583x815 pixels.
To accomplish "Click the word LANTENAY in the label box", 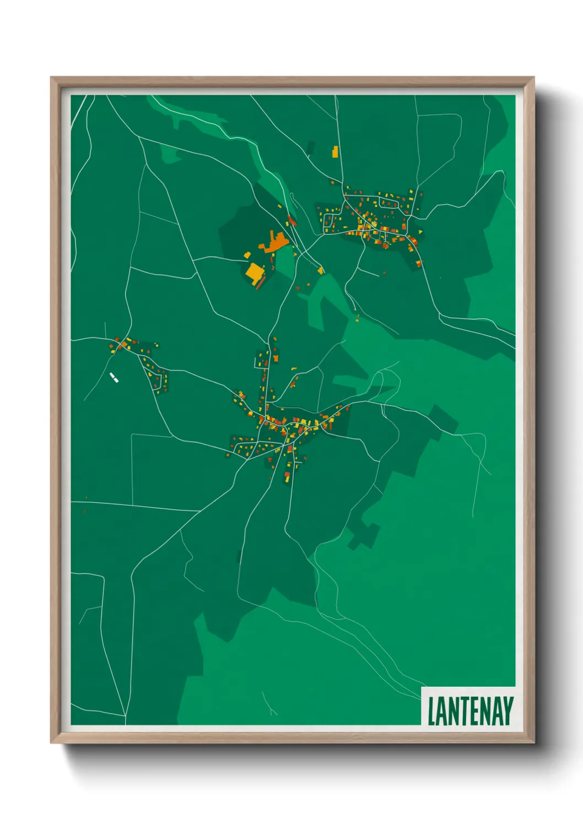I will click(470, 711).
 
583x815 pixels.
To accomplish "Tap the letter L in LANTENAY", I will click(432, 711).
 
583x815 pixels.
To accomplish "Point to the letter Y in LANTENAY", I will click(508, 711).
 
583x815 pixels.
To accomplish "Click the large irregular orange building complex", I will click(276, 243).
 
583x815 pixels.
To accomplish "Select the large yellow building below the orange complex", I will click(255, 272).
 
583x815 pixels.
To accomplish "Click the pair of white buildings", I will click(114, 377).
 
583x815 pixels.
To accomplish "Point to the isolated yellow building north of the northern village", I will click(334, 151).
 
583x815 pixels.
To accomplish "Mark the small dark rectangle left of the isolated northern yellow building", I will click(311, 148).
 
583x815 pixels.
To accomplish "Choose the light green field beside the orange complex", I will click(285, 257).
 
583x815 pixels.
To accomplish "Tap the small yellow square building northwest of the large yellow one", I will click(247, 255).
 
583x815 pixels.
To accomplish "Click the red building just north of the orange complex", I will click(291, 220).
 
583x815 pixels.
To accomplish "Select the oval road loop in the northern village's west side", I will click(328, 222).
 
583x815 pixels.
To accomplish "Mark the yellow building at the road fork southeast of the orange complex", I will click(321, 270).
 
